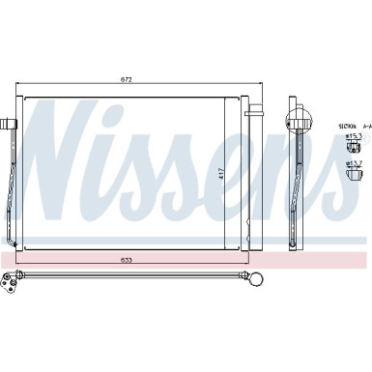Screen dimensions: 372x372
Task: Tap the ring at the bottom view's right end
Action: pos(260,281)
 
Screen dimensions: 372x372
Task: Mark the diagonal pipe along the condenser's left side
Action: pos(14,193)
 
